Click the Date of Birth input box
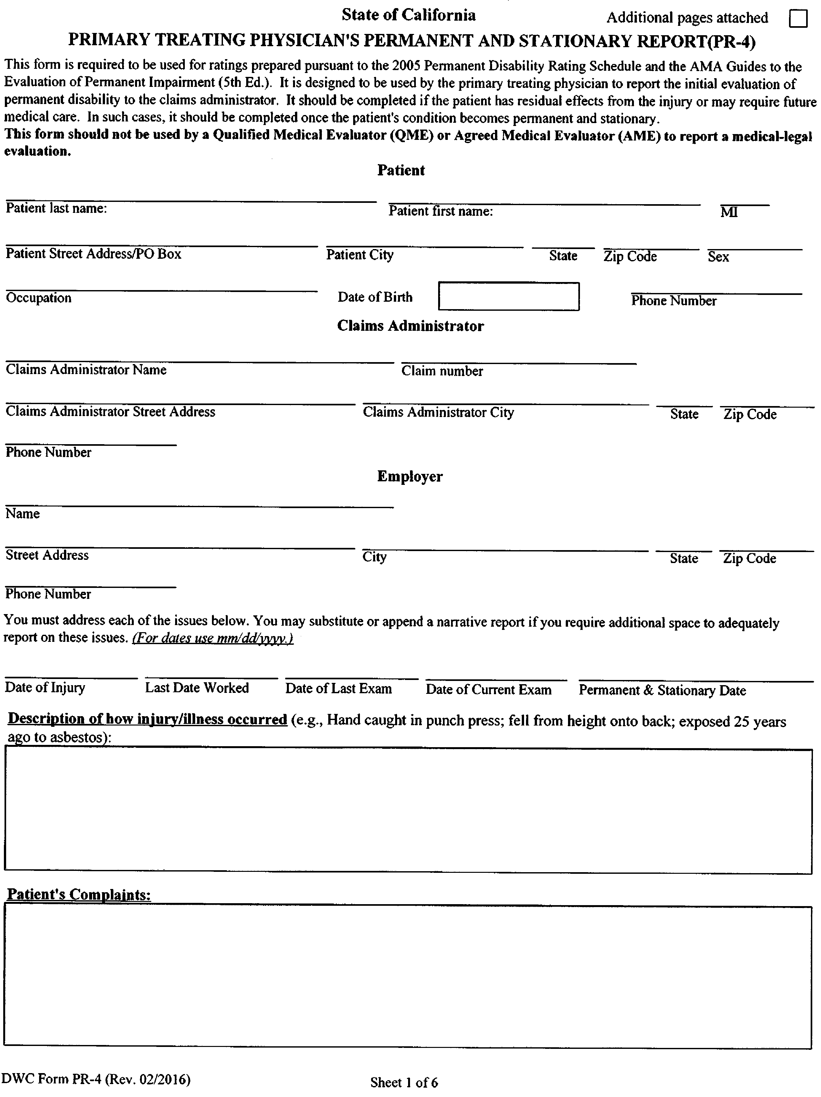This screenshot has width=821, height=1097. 509,297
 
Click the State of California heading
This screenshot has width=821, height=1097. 408,16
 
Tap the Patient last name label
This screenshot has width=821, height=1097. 56,208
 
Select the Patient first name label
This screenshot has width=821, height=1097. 440,211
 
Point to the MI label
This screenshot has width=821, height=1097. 729,212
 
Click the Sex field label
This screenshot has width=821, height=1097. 718,256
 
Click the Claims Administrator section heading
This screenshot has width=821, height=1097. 410,326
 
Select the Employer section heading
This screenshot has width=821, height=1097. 410,476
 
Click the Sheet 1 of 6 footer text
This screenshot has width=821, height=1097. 404,1082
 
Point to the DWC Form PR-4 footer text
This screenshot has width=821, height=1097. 96,1079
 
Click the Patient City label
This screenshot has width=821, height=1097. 360,255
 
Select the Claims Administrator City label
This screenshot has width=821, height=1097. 438,413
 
